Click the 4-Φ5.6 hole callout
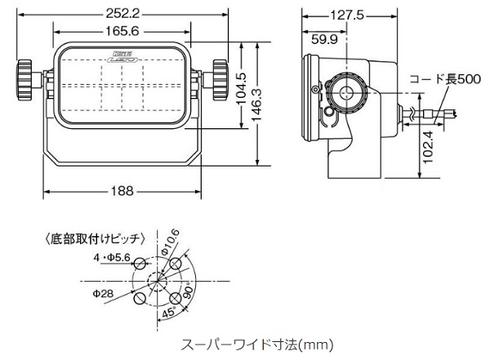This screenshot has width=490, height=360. click(113, 257)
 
